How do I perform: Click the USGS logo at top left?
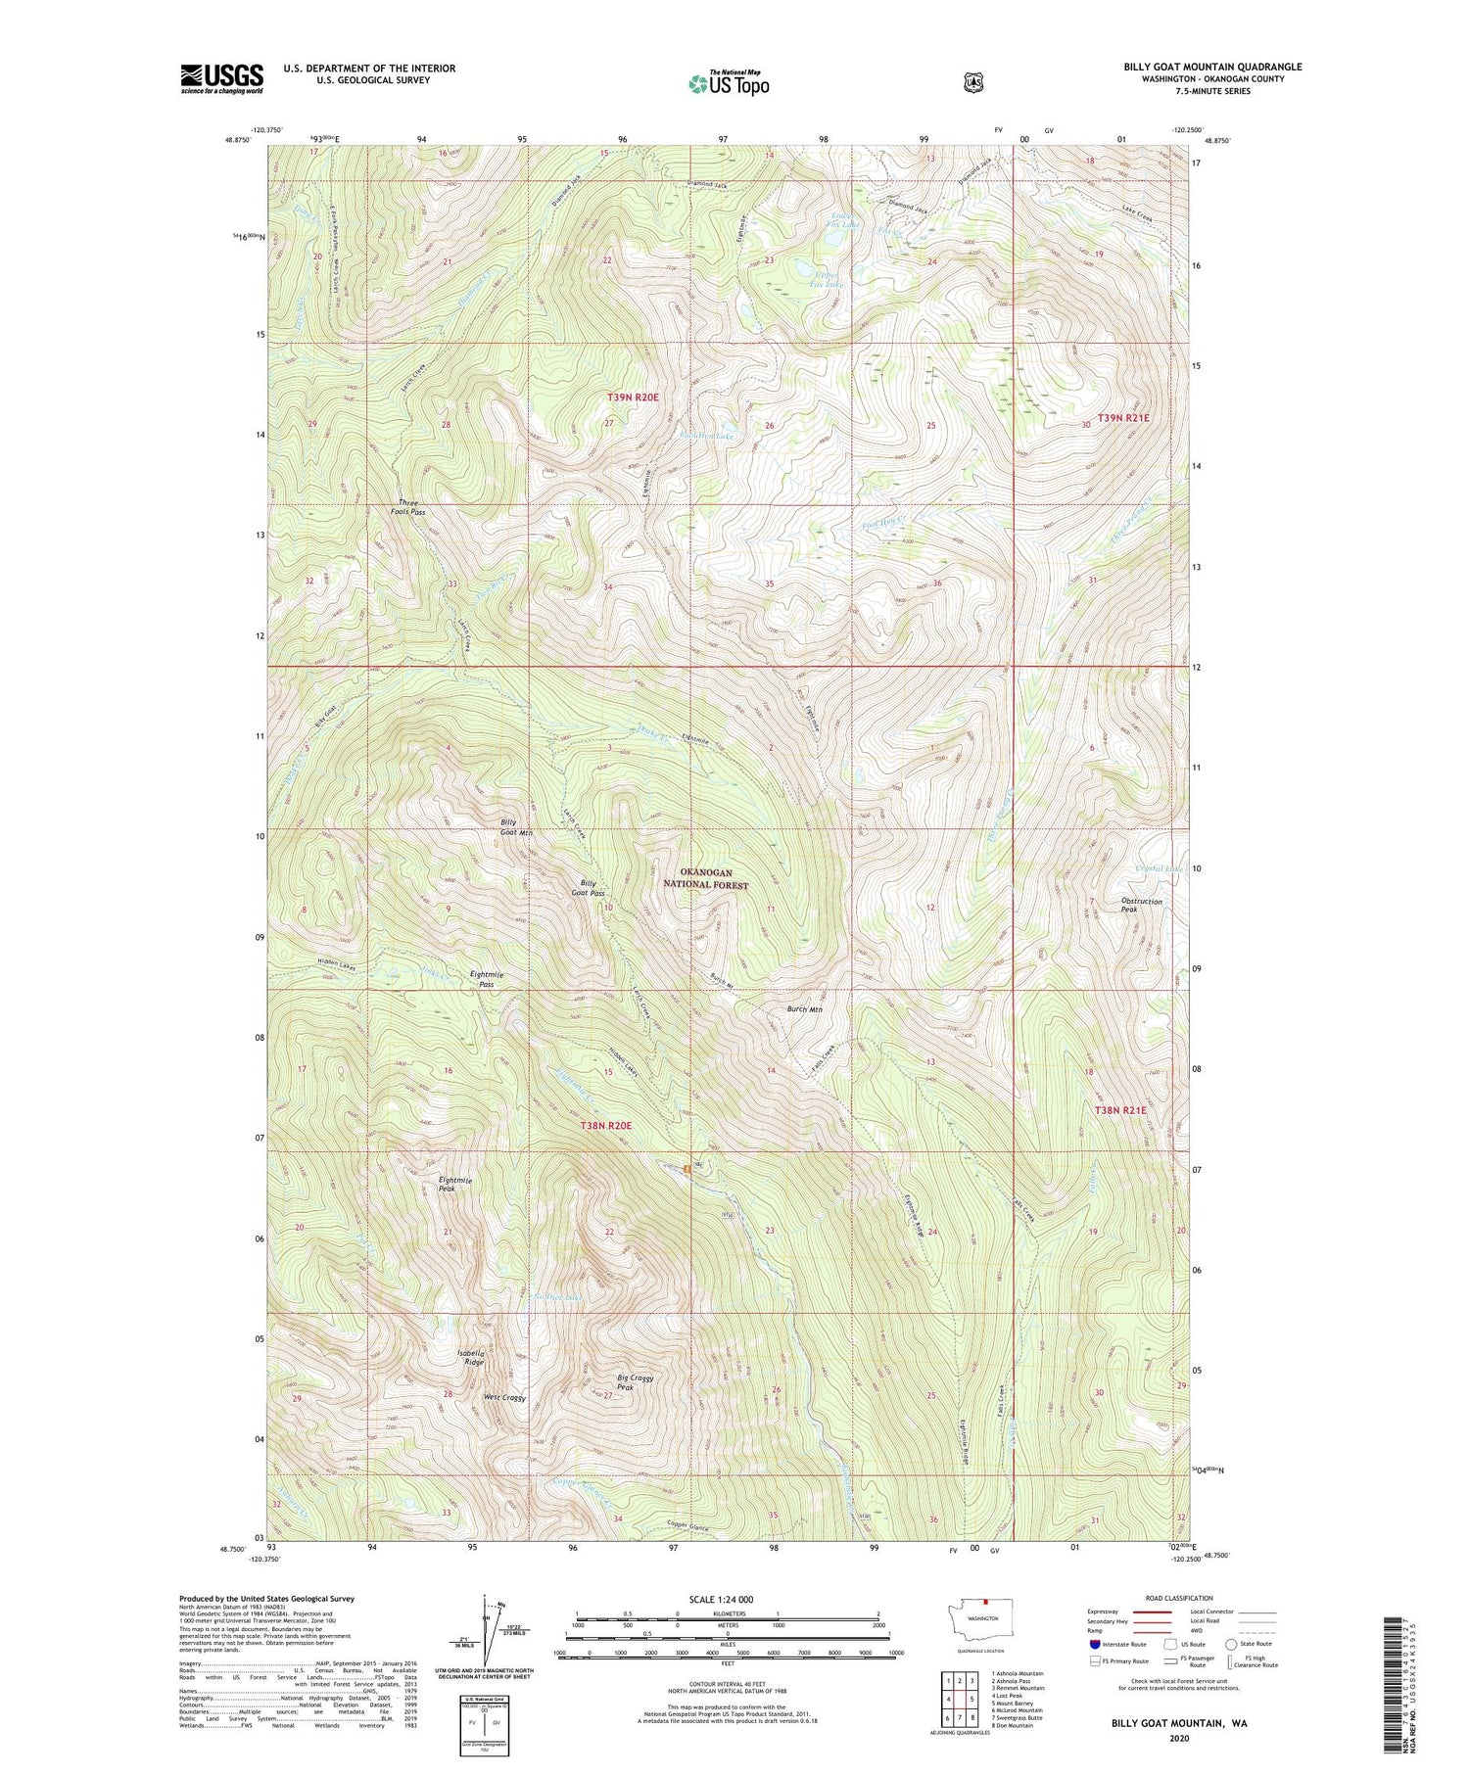[221, 78]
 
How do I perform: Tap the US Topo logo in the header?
[729, 82]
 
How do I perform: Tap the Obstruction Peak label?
[1142, 905]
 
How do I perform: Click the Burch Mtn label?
[804, 1008]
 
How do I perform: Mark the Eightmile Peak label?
[454, 1185]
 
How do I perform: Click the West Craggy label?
[504, 1398]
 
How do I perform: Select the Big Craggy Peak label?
[635, 1382]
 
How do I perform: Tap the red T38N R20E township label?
[606, 1126]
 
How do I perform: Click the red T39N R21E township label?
[1122, 418]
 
